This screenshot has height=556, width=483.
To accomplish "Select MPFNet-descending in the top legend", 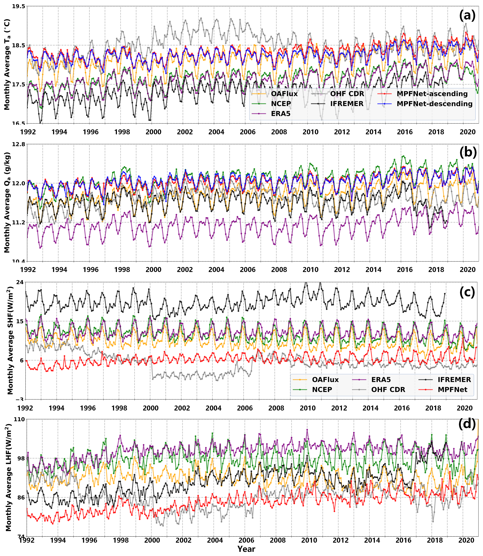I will (435, 104).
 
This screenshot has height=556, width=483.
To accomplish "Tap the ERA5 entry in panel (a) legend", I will (281, 114).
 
